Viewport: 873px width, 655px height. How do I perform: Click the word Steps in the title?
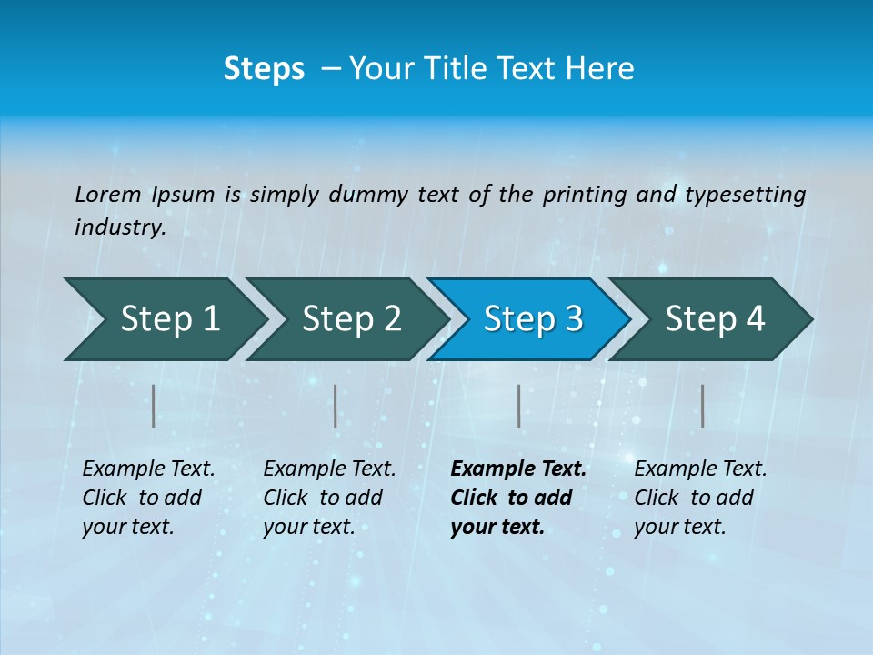point(264,69)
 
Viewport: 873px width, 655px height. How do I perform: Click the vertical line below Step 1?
point(154,406)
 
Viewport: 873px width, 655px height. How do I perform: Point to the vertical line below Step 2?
point(336,406)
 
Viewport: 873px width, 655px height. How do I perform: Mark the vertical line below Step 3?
point(518,406)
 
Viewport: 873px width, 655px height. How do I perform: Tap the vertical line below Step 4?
point(702,406)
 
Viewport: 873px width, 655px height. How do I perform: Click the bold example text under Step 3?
point(517,498)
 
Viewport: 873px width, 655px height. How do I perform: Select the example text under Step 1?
point(148,498)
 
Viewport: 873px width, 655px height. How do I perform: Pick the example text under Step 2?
point(329,498)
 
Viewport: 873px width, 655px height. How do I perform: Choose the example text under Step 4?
point(700,498)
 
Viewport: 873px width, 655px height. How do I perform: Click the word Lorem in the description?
point(107,195)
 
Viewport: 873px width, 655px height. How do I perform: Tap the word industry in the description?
point(119,227)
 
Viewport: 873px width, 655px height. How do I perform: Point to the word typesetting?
point(745,195)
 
